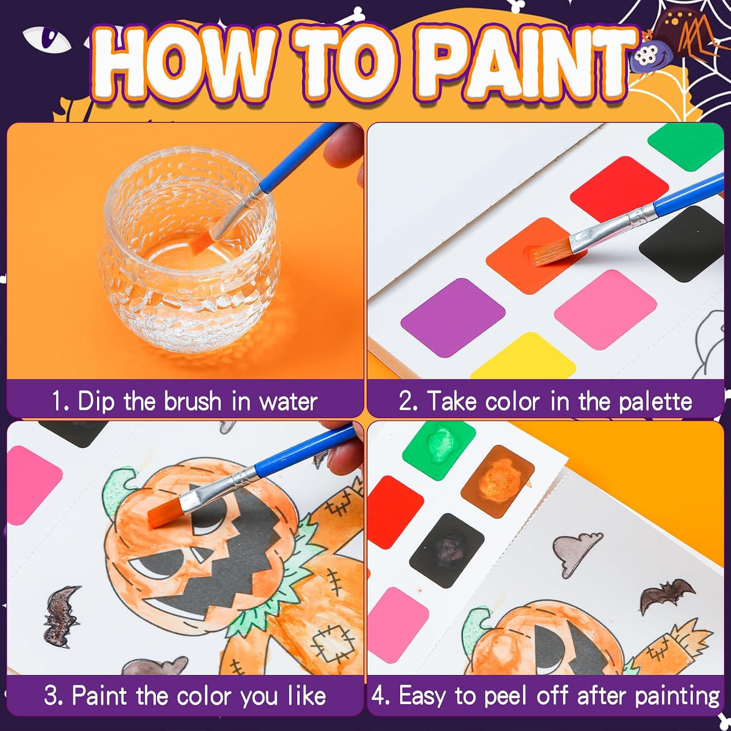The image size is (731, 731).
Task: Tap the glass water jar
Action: point(189,250)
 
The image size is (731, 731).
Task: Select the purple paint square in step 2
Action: point(453,318)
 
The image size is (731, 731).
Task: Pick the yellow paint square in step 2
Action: point(523,356)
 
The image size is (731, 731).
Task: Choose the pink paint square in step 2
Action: point(606,310)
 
